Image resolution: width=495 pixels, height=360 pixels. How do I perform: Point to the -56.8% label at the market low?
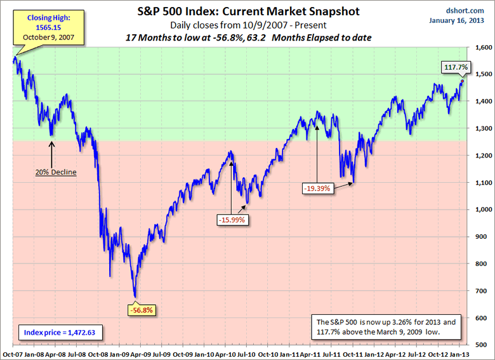click(140, 310)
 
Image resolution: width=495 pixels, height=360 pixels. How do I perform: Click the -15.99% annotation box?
click(231, 219)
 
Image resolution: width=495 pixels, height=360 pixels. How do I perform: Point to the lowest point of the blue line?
click(135, 297)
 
